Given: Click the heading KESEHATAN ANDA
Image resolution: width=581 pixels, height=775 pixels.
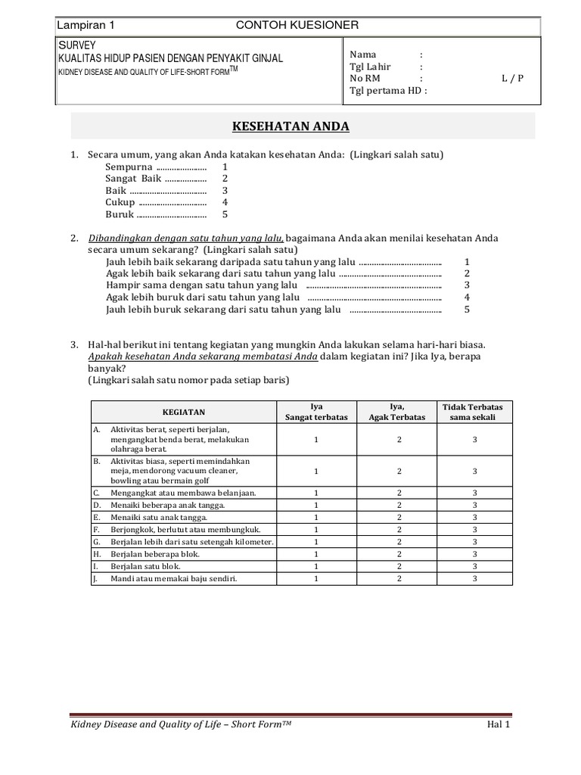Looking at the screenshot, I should [x=302, y=126].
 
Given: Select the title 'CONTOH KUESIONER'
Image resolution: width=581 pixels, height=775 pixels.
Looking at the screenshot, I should [x=297, y=25].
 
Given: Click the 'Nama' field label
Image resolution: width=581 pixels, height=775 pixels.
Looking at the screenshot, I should [x=363, y=54].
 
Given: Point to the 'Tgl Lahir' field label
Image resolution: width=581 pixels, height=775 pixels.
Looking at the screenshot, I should [x=370, y=67].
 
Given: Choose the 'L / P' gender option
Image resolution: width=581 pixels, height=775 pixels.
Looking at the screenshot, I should [x=512, y=78].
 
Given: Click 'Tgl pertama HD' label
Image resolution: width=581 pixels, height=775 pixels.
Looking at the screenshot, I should [x=387, y=90].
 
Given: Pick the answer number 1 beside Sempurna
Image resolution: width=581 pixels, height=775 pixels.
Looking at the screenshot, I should [x=225, y=167].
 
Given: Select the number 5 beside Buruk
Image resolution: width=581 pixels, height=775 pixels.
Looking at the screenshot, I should [x=225, y=214].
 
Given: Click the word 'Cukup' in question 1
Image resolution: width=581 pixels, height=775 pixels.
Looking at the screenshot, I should [x=120, y=202].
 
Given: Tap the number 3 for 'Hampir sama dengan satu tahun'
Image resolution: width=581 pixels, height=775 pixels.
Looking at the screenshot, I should [x=467, y=285].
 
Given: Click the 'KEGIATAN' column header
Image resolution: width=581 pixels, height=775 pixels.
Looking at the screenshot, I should [x=185, y=412].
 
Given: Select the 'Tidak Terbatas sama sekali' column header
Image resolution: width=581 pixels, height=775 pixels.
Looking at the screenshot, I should [x=474, y=412].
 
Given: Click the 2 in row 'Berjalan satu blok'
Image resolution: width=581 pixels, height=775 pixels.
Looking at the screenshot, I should [x=398, y=566].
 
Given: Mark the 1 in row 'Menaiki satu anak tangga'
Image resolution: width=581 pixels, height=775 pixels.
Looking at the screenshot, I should [x=315, y=517].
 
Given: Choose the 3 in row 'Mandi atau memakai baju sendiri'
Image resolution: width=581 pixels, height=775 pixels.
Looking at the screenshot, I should [x=474, y=578].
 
